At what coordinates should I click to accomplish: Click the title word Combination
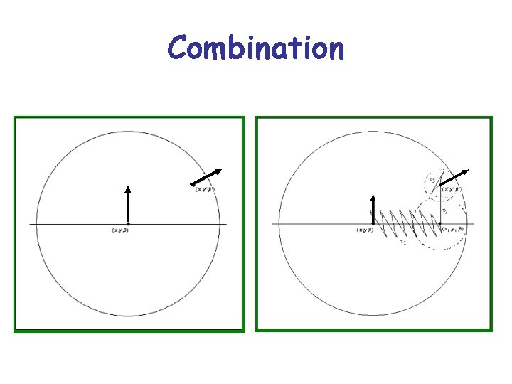coord(256,48)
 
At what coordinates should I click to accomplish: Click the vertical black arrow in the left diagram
coord(127,206)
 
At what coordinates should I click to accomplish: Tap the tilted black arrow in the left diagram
coord(207,177)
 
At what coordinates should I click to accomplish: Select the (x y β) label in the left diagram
coord(119,230)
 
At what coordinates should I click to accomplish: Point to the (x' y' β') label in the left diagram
coord(207,189)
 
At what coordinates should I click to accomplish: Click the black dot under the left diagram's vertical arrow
coord(127,224)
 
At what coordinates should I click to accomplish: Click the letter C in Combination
coord(178,48)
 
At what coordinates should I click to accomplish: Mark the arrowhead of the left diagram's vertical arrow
coord(127,190)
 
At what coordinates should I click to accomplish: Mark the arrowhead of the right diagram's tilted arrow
coord(464,172)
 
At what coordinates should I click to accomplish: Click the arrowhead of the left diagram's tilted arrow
coord(218,171)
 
